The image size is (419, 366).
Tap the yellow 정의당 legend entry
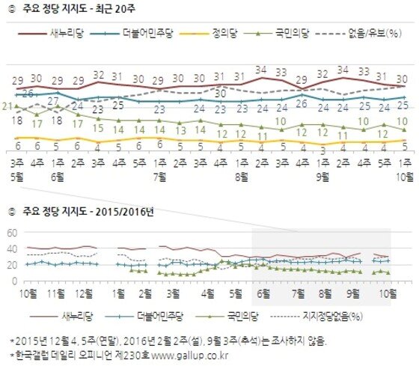tap(222, 34)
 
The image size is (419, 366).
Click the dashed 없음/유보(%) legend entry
tap(373, 34)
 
